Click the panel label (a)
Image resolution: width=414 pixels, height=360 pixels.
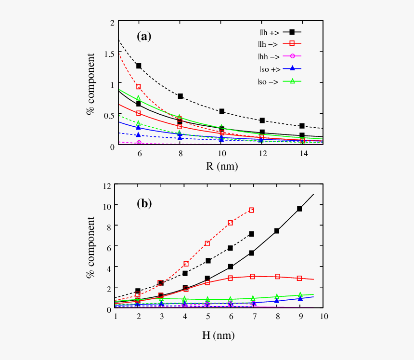point(144,36)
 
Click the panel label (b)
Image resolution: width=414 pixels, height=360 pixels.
point(144,203)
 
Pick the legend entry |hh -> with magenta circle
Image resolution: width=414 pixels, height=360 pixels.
point(279,57)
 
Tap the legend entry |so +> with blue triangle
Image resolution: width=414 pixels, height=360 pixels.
point(279,69)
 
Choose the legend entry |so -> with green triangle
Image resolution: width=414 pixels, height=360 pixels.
point(279,81)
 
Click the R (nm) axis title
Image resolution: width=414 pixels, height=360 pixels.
point(220,166)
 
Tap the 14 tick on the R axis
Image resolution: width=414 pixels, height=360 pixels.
point(302,153)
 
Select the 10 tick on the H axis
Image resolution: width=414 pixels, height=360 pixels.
point(323,317)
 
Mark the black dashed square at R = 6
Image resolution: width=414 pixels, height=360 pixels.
point(139,66)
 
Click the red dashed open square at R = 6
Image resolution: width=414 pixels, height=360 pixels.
point(139,87)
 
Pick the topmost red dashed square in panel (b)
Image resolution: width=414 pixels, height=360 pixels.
point(251,210)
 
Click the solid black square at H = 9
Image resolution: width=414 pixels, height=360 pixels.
point(299,209)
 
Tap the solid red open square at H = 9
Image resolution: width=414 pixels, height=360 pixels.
point(299,278)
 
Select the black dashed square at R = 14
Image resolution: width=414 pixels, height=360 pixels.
point(302,126)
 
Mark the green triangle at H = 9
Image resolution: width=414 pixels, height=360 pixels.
point(300,294)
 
